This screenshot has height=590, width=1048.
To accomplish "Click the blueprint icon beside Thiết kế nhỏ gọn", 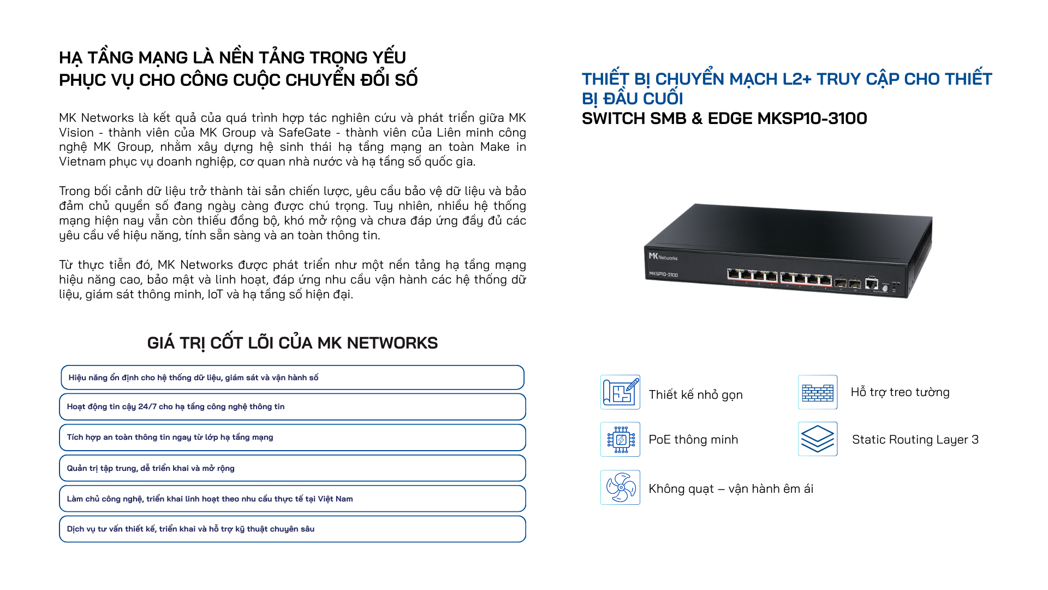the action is point(620,392).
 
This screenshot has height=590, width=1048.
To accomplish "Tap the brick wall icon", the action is point(818,392).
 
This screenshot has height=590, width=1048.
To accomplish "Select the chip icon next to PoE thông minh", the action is point(620,439).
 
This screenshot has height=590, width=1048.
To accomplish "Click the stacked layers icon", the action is point(818,439).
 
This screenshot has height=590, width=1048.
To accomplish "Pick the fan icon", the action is point(620,487).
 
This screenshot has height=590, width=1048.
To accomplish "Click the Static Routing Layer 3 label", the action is point(915,439).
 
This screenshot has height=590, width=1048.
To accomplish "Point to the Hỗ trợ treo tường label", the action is point(900,392).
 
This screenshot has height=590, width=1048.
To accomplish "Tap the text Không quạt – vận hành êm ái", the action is point(731,489).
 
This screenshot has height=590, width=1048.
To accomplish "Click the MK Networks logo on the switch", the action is point(663,256).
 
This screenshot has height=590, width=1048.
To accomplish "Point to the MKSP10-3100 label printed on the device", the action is point(663,274).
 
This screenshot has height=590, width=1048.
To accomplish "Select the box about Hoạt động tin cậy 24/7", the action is point(293,407).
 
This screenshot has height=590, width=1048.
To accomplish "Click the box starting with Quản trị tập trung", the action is point(293,468).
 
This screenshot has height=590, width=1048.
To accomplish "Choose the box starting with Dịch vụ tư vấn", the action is point(293,529).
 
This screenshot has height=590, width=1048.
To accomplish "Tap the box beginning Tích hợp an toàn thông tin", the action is point(293,438).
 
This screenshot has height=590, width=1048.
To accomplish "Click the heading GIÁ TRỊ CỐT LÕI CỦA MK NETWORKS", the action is point(293,343).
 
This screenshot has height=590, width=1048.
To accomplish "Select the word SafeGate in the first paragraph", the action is point(305,133).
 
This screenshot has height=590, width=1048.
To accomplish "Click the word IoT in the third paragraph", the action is point(215,294).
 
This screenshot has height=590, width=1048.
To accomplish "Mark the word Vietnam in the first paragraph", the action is point(82,162).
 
